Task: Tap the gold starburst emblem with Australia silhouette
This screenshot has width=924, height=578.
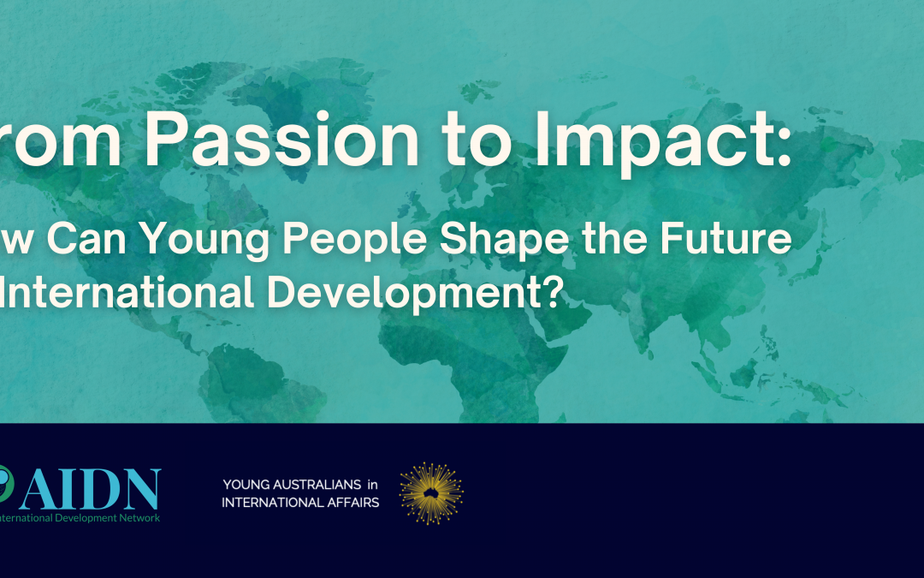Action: (430, 493)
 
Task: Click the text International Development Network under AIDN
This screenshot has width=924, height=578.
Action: (79, 517)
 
